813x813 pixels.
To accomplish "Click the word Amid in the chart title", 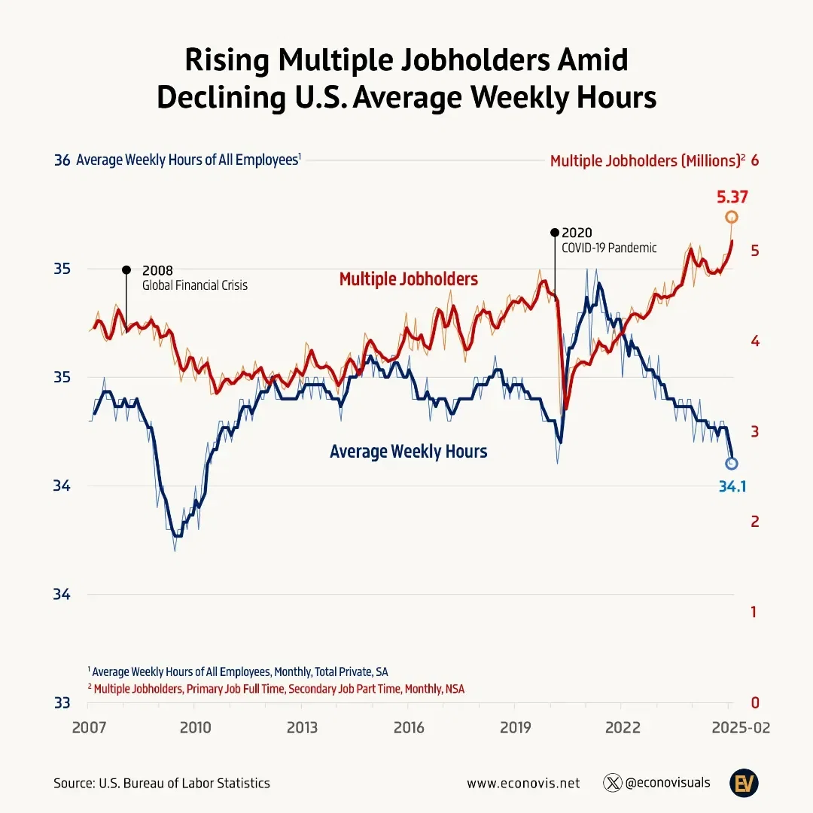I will tap(589, 60).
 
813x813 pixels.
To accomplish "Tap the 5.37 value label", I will tap(732, 197).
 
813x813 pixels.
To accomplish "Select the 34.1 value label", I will tap(732, 487).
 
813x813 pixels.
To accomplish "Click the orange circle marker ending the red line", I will tap(731, 218).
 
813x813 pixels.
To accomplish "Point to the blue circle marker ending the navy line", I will tap(731, 463).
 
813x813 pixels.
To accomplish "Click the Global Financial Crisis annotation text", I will tap(195, 286).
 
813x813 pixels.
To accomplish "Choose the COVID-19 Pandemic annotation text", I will tap(609, 248).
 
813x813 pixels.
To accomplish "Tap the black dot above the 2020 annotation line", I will tap(555, 233).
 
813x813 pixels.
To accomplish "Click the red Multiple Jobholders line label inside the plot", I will tap(408, 279).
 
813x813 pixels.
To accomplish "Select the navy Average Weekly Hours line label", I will tap(408, 452).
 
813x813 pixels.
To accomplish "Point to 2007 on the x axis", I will tap(88, 728).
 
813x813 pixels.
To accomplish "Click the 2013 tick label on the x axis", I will tap(302, 728).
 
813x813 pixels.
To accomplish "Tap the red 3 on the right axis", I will tap(754, 431).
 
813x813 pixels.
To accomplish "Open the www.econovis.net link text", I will tap(523, 783).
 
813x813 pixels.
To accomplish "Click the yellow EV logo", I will tap(742, 783).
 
